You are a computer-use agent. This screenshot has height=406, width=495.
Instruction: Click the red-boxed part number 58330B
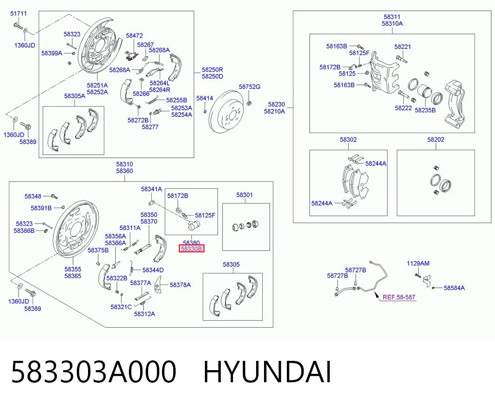(191, 249)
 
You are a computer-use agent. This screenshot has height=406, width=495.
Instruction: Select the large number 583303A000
(94, 372)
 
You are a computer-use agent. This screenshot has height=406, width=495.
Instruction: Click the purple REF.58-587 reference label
(399, 297)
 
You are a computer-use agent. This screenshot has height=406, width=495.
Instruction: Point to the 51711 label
(19, 14)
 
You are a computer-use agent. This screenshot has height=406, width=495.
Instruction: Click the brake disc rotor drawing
(227, 114)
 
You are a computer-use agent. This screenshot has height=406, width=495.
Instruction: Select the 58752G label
(250, 87)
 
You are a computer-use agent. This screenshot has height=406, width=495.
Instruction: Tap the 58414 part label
(204, 98)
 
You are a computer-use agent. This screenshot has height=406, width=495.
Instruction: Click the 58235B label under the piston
(425, 110)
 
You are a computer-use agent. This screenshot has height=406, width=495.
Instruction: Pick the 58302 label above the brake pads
(348, 139)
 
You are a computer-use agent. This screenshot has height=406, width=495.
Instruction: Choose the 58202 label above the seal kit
(436, 139)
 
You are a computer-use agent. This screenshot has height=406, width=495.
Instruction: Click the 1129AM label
(418, 264)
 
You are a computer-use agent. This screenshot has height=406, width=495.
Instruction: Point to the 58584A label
(454, 288)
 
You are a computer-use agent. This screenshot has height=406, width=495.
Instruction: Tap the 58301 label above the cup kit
(244, 195)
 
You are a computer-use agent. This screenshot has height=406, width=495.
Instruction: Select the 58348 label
(33, 196)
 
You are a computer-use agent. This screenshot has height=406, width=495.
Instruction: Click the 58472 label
(134, 36)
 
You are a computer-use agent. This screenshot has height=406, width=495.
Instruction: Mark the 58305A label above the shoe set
(75, 96)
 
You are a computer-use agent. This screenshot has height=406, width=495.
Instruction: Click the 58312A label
(144, 314)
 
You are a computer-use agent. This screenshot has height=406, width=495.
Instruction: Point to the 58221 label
(402, 47)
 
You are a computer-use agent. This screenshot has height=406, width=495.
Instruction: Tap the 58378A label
(180, 285)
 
